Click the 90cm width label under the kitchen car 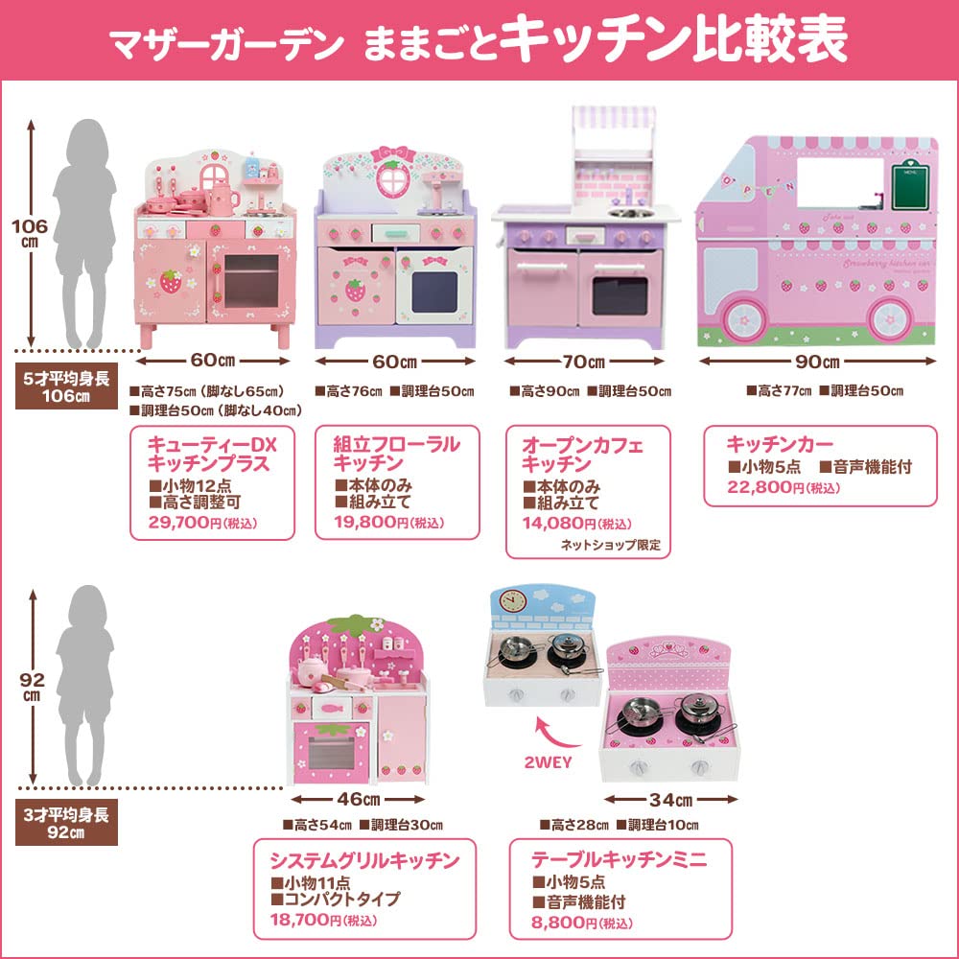click(817, 362)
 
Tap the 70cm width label click(584, 362)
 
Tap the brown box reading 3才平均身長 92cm click(66, 823)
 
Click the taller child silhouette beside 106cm click(83, 230)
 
